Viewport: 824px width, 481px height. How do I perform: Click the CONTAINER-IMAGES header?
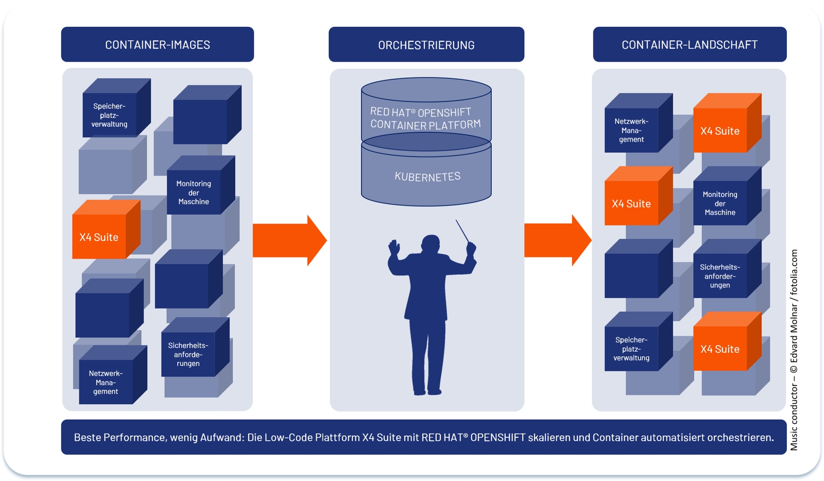157,45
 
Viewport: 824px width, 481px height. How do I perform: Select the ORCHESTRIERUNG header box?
426,45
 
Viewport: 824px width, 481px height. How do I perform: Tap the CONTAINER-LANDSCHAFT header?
689,45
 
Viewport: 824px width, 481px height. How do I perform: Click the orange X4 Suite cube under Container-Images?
99,237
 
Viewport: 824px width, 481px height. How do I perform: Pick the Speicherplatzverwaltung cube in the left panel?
109,115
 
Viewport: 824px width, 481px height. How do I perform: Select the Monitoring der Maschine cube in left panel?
194,193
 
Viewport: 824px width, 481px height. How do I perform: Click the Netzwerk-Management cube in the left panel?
106,382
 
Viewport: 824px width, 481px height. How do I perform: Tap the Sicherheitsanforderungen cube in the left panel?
188,354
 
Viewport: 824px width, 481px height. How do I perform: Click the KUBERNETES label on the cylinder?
427,177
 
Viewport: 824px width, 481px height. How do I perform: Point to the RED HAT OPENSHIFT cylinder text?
425,118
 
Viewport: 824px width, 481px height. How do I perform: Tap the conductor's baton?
462,231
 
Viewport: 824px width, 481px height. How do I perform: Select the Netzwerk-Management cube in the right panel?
631,130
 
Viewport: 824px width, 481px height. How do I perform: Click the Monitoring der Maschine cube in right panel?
719,203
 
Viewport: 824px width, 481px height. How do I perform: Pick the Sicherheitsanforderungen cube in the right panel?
719,276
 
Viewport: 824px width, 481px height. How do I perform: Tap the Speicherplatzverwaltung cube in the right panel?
631,349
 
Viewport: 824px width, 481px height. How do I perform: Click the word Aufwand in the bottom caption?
222,438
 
